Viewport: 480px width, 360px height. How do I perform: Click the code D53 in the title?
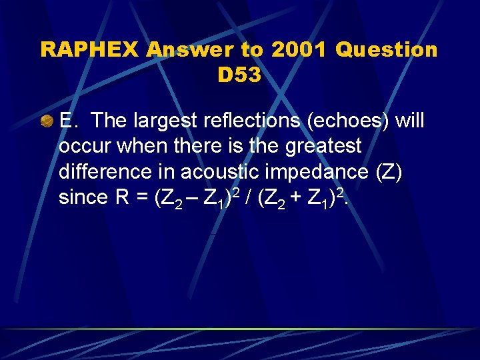tap(239, 75)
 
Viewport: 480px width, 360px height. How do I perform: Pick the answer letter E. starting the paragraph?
tap(69, 121)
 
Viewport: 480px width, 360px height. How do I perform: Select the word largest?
tap(169, 121)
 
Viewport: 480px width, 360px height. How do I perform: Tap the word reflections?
tap(259, 121)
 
